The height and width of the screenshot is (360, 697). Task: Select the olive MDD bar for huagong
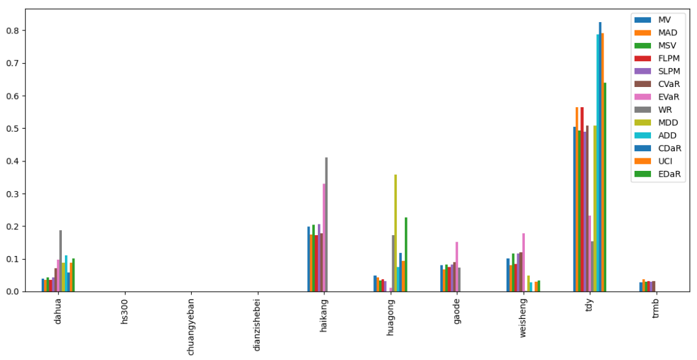pyautogui.click(x=395, y=233)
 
